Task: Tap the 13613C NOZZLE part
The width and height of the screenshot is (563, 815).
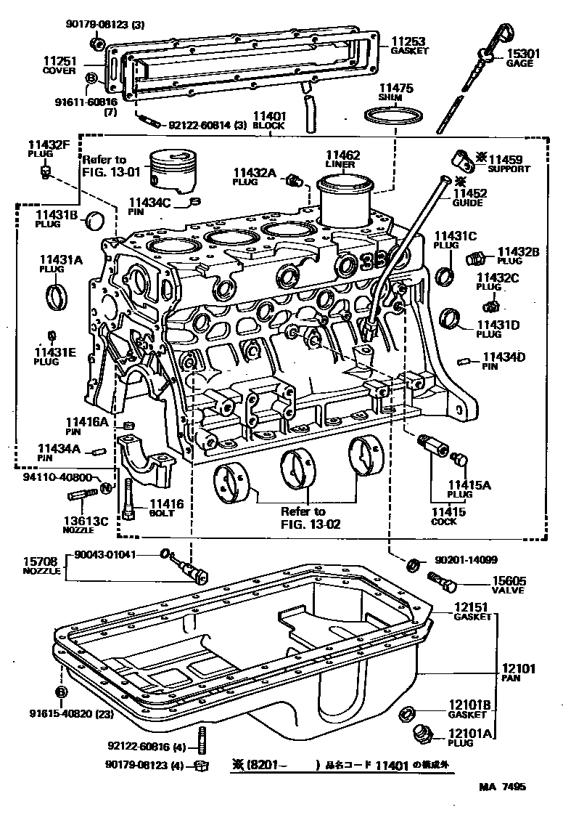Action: pos(81,496)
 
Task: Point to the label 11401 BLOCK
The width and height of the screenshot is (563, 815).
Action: pos(269,120)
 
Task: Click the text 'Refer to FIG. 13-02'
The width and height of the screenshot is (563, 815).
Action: pos(304,517)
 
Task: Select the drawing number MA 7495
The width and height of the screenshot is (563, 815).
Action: pos(501,787)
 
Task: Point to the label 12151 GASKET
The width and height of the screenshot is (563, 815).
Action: pos(473,612)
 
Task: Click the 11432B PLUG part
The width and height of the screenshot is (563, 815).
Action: pos(476,258)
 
